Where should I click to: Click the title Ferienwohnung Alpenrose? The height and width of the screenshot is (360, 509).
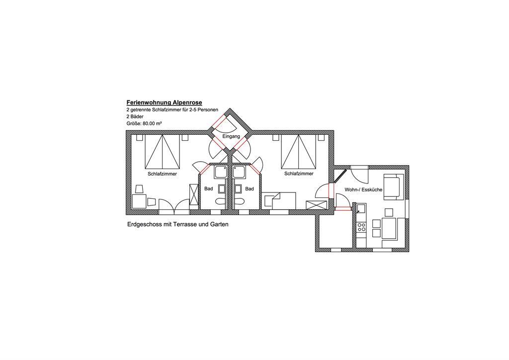[164, 102]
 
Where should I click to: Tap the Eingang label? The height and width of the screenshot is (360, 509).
[231, 136]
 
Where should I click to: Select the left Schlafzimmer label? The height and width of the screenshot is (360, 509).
[163, 174]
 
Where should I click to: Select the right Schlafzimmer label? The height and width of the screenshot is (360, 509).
[299, 174]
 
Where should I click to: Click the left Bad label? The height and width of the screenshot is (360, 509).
[208, 188]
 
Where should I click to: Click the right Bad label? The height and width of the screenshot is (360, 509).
[250, 188]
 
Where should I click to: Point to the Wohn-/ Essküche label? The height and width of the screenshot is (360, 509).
[363, 189]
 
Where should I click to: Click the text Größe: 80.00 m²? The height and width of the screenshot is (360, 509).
[144, 123]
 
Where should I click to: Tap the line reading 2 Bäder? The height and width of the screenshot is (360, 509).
[135, 116]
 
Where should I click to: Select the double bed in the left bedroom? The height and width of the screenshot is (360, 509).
[163, 151]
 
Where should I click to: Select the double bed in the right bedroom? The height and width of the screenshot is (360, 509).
[299, 151]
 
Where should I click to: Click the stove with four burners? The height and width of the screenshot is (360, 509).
[361, 227]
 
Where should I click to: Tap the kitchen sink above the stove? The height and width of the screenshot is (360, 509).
[361, 208]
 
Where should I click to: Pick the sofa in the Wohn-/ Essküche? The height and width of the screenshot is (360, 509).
[394, 187]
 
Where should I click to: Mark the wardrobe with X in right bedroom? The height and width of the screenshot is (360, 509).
[317, 205]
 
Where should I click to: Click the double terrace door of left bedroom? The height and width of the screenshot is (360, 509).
[173, 207]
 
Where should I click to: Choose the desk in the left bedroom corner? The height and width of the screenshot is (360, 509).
[139, 201]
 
